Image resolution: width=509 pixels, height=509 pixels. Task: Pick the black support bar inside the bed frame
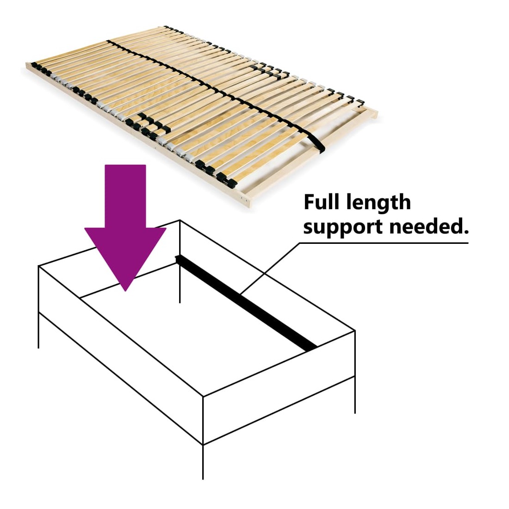[246, 303]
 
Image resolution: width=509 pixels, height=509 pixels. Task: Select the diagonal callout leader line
[270, 268]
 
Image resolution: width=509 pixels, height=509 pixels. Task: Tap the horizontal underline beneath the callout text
[384, 243]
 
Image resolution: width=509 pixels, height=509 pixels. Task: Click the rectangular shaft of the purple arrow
[125, 196]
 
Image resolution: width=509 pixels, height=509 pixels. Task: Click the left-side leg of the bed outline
[38, 330]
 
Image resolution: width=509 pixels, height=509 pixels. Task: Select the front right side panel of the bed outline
[279, 387]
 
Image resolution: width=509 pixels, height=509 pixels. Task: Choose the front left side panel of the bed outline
[121, 355]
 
